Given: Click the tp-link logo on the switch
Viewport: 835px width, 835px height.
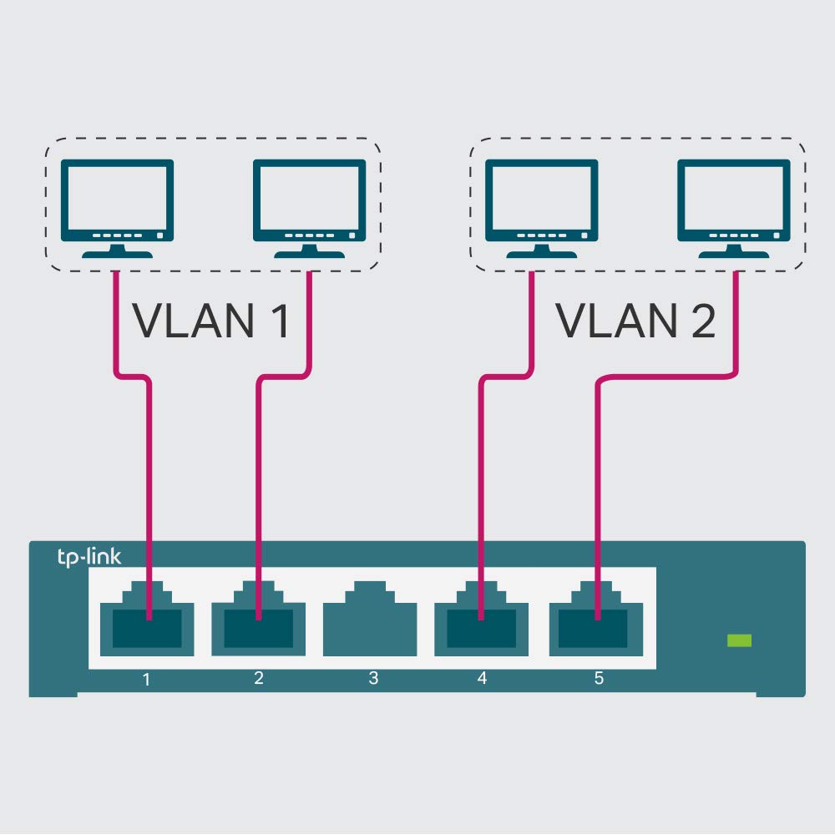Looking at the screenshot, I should tap(89, 557).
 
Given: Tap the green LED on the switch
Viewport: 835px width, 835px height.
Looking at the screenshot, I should tap(739, 640).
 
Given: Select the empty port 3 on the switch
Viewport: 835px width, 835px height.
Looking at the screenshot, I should tap(370, 619).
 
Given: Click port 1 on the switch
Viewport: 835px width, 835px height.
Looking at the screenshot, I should tap(147, 622).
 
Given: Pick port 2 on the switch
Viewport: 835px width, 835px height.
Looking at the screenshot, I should tap(258, 622).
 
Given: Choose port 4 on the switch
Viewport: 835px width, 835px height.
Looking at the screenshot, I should tap(481, 622).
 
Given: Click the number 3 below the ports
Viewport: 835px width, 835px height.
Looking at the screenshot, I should tap(373, 678).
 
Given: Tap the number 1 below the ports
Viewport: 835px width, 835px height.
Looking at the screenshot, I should tap(147, 679).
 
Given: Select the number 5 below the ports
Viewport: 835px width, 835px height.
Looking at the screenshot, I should tap(599, 678).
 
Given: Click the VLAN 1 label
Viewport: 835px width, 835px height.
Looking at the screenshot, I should tap(211, 321).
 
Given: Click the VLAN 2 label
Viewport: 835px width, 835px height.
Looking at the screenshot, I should tap(635, 321).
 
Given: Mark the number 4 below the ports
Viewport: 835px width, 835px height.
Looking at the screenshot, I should tap(482, 678).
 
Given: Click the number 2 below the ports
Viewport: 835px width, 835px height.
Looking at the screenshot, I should tap(259, 678).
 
